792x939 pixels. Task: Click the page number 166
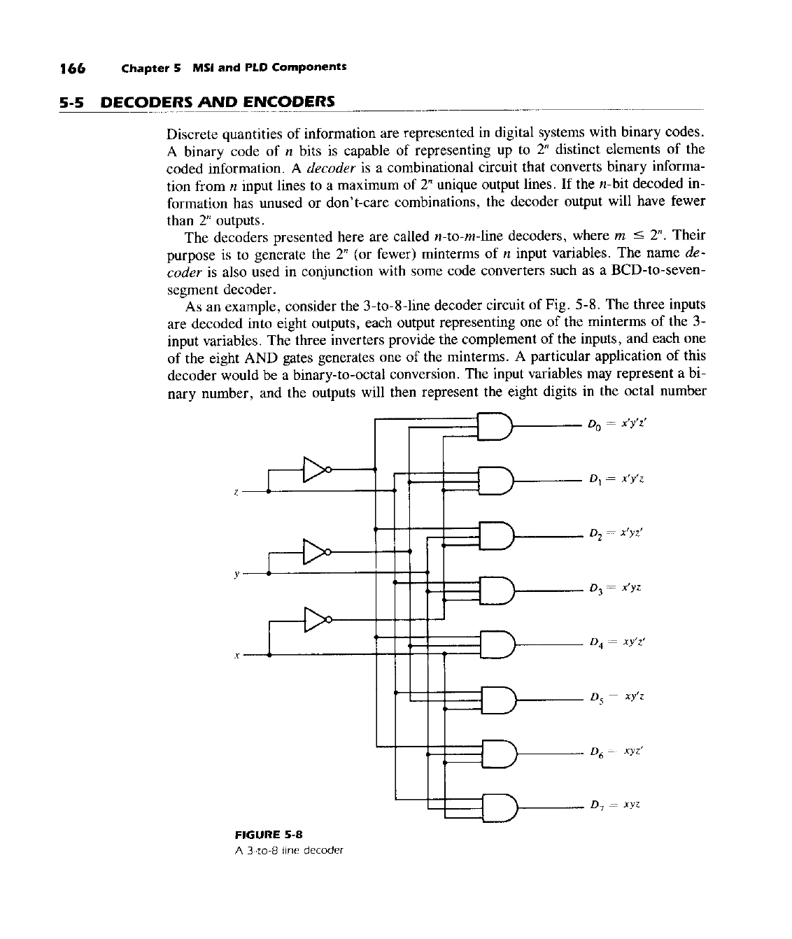click(72, 68)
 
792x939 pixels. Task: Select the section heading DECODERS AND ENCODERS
click(218, 102)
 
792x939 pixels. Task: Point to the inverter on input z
click(316, 470)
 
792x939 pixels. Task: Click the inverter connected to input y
click(316, 552)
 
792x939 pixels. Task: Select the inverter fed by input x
click(316, 619)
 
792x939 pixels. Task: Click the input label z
click(236, 493)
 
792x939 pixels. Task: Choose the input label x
click(237, 656)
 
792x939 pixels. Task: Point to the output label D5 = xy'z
click(616, 698)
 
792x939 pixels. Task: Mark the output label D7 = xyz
click(615, 806)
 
